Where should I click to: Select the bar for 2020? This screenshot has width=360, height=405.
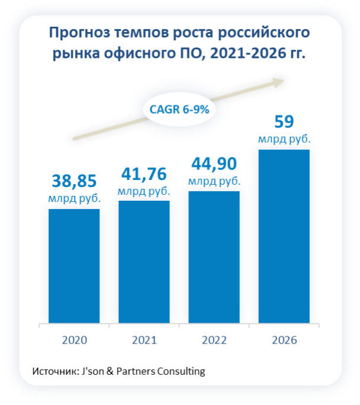(x=74, y=266)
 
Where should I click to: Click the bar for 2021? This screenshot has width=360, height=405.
(x=144, y=262)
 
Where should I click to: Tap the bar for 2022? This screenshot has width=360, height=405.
(x=214, y=257)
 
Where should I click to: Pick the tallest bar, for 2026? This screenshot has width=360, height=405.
(x=284, y=236)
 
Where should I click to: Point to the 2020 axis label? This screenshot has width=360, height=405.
(x=74, y=340)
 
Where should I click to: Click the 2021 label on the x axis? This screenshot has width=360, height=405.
(x=144, y=340)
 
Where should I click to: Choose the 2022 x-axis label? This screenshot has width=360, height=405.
(x=214, y=340)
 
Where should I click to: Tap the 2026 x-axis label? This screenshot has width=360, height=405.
(x=284, y=340)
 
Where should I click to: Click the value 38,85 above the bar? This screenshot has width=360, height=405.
(x=74, y=181)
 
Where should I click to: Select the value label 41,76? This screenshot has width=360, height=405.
(x=144, y=173)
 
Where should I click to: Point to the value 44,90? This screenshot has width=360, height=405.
(x=214, y=163)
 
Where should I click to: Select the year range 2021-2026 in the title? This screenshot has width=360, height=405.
(x=251, y=54)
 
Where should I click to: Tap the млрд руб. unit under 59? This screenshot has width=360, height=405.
(x=284, y=140)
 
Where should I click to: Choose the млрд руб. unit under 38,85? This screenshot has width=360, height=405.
(x=74, y=199)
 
